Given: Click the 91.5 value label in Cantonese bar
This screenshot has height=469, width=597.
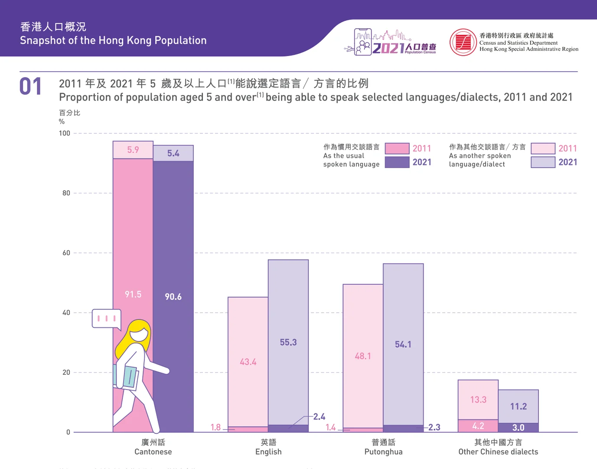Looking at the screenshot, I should coord(133,294).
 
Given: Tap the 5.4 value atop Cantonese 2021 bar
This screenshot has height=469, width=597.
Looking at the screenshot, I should coord(173,153).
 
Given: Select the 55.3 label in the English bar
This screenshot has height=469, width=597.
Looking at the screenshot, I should coord(288,342).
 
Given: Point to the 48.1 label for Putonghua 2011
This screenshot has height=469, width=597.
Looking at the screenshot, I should coord(363,356).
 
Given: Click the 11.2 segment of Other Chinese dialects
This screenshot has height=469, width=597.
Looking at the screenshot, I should coord(518,406).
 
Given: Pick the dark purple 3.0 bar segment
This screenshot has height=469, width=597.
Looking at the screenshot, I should coord(518,428).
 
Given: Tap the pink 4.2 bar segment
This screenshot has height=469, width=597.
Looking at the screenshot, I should coord(478,426).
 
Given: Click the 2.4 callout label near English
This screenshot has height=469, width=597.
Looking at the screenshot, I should coord(319,417).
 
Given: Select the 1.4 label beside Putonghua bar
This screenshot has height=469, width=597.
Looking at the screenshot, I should coord(331,427).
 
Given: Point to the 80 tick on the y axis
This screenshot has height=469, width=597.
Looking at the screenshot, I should coord(66,193).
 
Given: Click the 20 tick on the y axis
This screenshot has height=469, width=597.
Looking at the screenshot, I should coord(66,372).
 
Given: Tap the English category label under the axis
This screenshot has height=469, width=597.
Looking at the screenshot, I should coord(268,447).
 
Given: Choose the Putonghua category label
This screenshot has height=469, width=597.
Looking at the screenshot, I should coord(383,447).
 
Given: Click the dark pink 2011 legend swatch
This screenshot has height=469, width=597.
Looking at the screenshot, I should coord(397,149).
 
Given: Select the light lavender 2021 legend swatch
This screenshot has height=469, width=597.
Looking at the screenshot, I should coord(543,162).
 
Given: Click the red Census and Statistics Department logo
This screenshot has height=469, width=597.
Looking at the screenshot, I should coord(463,43).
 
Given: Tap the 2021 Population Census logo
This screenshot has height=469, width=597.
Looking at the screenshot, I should coord(390,43).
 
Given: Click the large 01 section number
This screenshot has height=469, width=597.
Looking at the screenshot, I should coord(30,86).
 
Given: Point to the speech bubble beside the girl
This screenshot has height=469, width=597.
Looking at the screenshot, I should coord(106,318).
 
